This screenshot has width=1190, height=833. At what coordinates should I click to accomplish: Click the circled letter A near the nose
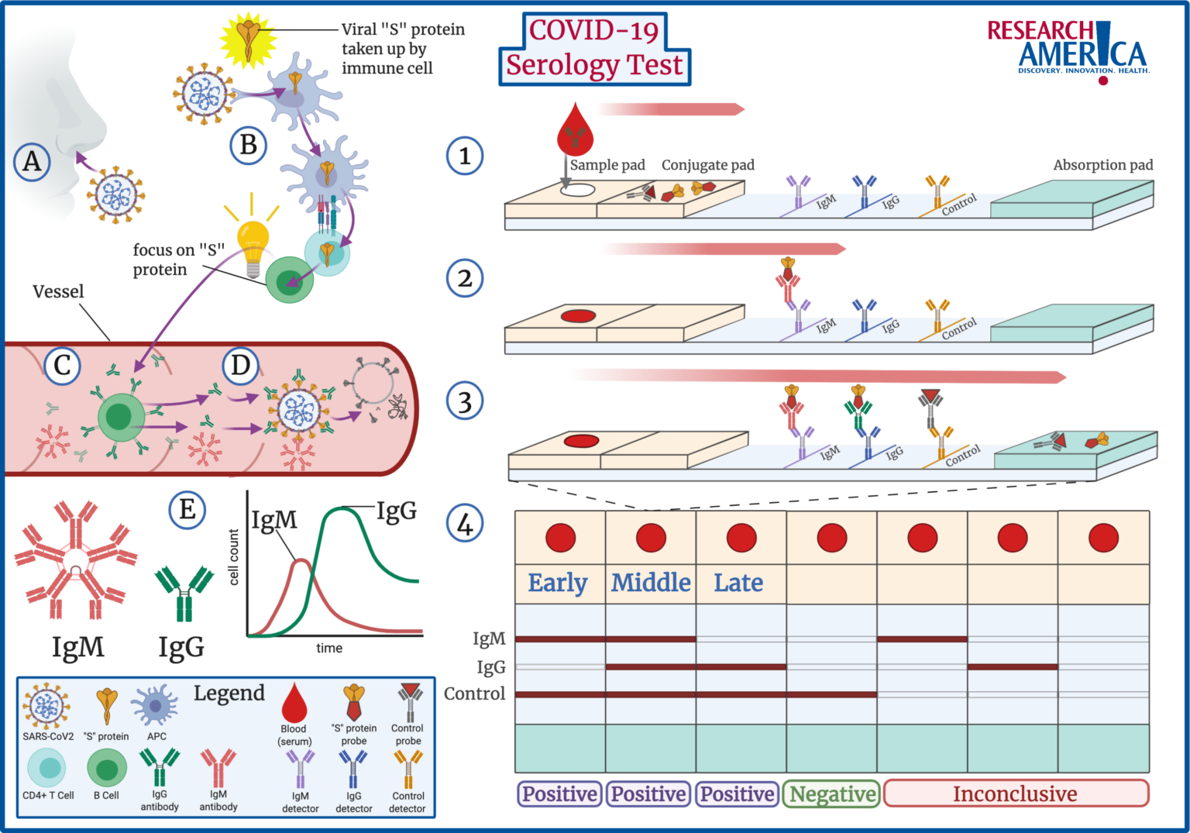coord(32,161)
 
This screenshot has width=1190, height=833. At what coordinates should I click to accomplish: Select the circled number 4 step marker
coord(465,524)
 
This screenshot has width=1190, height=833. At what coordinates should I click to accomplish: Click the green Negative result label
coord(832,794)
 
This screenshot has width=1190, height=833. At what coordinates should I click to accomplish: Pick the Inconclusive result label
coord(1015,794)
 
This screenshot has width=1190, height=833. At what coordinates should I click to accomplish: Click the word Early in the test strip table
coord(558,583)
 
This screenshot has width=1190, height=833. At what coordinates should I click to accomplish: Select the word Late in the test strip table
coord(738,583)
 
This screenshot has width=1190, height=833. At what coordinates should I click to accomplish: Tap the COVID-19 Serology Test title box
coord(594,49)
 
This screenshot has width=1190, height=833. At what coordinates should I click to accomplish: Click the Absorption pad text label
coord(1102,165)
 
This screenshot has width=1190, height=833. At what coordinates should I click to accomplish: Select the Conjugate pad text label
coord(707,165)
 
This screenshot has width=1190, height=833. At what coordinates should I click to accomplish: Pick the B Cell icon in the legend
coord(107,769)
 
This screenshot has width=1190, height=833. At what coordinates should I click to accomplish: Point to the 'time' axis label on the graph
coord(329,649)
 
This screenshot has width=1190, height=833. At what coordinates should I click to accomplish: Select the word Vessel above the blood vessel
coord(58,292)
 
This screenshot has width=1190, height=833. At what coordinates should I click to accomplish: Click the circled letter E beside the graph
coord(187,510)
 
